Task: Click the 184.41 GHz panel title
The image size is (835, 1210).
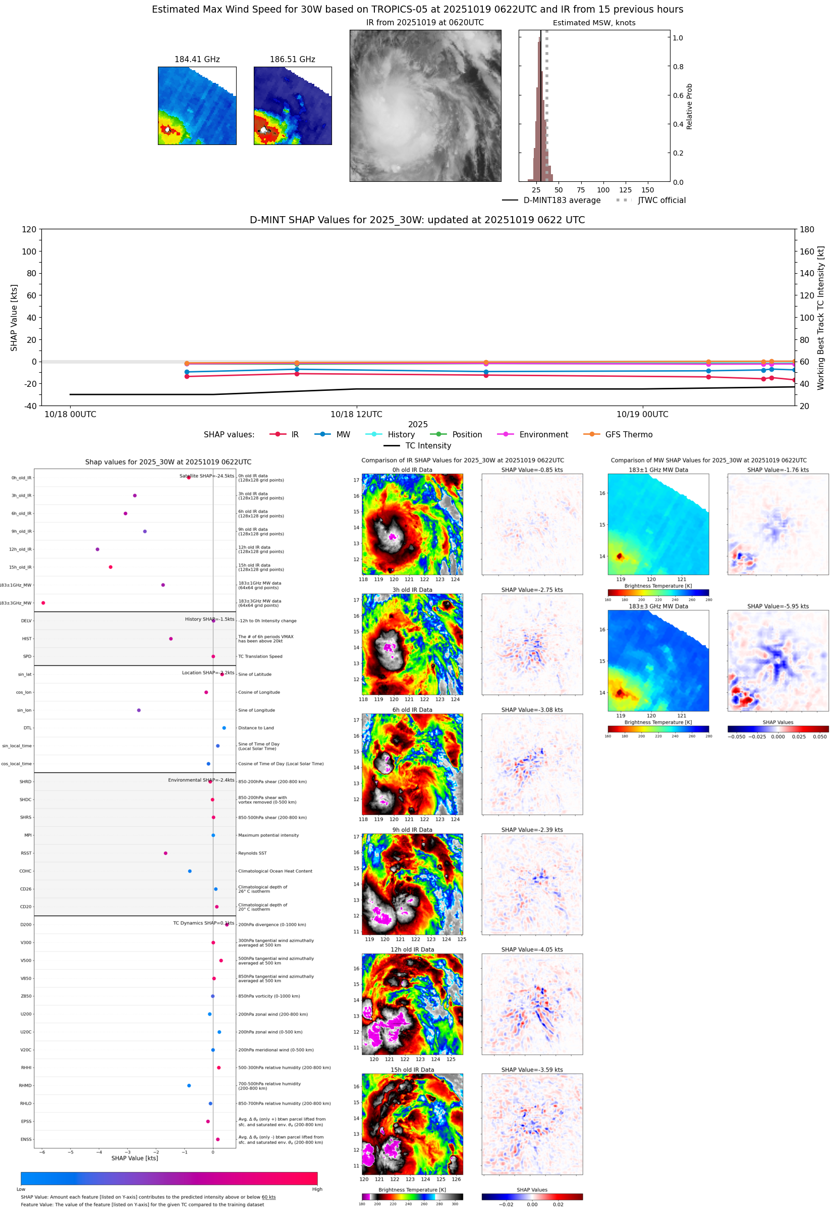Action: [197, 59]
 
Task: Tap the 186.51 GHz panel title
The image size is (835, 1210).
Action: [292, 59]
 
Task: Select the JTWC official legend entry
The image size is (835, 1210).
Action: [661, 200]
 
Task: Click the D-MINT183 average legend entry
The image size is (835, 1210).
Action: [562, 200]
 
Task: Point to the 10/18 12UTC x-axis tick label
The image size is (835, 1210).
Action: [356, 414]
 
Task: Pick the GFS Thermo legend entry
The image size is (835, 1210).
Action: [628, 435]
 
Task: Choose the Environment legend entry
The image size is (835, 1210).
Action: [543, 435]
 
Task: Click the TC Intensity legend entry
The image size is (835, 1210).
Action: [427, 445]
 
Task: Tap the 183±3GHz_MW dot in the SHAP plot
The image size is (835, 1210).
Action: [43, 602]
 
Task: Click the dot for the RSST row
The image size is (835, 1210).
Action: [165, 853]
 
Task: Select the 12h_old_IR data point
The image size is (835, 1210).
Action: [97, 549]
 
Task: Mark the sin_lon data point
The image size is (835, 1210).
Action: [139, 710]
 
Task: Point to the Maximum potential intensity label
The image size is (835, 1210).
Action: [268, 835]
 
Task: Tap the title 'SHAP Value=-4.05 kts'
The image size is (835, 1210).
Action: [532, 949]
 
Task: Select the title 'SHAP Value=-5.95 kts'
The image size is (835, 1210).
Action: [777, 607]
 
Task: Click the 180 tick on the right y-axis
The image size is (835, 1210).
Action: [807, 229]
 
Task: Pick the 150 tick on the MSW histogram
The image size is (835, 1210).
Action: [647, 190]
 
